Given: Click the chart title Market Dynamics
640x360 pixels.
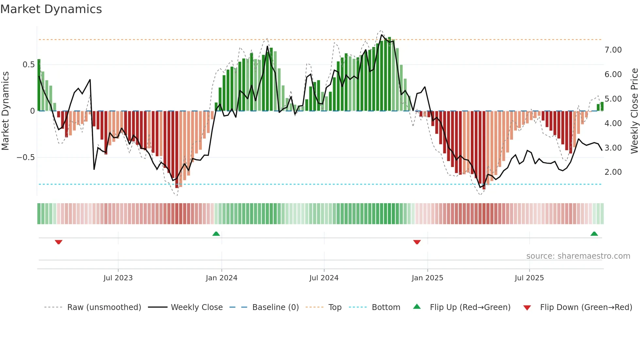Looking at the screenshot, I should click(x=51, y=9).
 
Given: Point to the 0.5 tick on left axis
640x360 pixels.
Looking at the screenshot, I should click(x=28, y=65).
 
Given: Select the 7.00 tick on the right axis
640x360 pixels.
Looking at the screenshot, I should click(x=613, y=50).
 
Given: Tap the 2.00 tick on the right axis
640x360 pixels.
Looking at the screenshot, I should click(x=613, y=172).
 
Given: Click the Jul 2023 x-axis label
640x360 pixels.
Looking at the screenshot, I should click(x=118, y=278).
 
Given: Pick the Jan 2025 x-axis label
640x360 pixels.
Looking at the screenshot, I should click(x=427, y=278).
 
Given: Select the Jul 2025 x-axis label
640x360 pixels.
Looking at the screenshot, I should click(x=529, y=278).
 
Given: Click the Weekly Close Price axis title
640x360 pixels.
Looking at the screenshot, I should click(x=634, y=111).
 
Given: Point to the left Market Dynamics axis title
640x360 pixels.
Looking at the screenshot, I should click(x=5, y=111).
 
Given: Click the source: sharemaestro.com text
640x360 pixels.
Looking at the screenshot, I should click(x=578, y=256).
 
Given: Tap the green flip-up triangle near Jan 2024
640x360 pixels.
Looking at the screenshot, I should click(x=216, y=234).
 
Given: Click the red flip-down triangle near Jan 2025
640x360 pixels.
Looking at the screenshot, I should click(x=417, y=242).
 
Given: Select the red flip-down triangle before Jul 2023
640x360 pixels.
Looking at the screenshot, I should click(x=58, y=242).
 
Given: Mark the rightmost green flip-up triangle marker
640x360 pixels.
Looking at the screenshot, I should click(x=594, y=234).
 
